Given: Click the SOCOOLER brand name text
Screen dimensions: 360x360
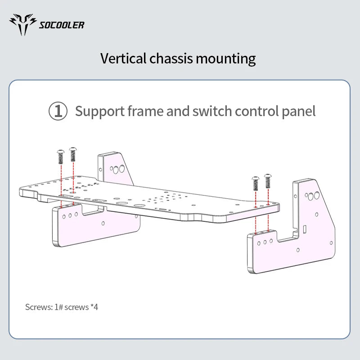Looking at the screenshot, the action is tap(62, 25).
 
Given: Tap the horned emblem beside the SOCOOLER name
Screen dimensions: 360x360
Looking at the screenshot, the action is tap(23, 24).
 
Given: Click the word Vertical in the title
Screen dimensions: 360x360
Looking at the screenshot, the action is tap(123, 58).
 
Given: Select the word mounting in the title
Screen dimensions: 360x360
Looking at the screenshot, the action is tap(226, 59).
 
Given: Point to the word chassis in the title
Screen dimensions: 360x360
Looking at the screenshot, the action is tap(171, 58).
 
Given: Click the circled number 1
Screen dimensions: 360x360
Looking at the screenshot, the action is tap(58, 111).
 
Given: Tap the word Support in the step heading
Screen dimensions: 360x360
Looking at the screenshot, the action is tap(100, 112).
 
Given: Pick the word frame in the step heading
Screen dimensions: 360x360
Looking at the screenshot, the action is tap(145, 111).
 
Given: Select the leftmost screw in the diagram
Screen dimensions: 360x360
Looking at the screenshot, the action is tap(61, 157).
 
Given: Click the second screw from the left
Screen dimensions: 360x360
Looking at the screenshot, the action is tap(73, 154).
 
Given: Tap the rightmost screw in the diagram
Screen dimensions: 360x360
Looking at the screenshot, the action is tap(268, 181).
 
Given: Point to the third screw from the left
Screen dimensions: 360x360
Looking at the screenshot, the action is tap(256, 184).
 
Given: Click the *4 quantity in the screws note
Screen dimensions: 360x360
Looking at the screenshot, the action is tap(94, 307).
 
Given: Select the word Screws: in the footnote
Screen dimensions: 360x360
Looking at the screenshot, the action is tap(39, 307).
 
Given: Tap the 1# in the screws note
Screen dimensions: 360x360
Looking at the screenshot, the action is tap(58, 307).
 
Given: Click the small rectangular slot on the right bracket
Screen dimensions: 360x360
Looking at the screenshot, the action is tap(305, 229).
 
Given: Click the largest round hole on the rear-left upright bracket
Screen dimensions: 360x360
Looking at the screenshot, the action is tap(122, 169).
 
